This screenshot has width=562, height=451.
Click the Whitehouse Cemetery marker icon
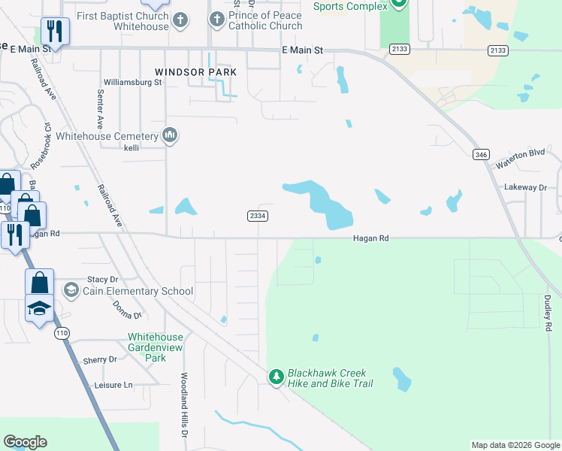point(170,136)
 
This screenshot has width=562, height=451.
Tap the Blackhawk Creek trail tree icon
point(277,376)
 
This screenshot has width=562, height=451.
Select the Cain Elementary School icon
point(71,290)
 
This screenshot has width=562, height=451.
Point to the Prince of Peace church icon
point(217,19)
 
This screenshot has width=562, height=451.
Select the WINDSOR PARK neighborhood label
point(195,72)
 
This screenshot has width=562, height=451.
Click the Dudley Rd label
point(548,313)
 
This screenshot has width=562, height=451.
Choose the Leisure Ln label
point(113,385)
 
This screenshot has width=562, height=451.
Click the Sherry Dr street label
point(100,360)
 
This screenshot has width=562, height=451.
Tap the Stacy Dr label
point(103,279)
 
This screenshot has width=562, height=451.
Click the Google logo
point(25,442)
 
